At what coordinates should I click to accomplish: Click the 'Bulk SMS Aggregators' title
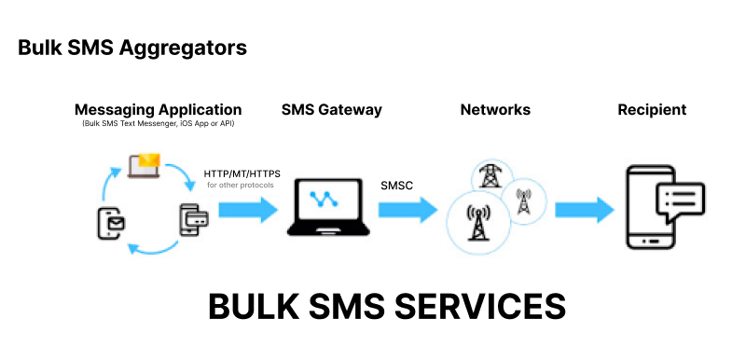pyautogui.click(x=132, y=48)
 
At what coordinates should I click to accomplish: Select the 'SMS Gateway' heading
pyautogui.click(x=331, y=109)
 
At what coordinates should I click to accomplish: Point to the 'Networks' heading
pyautogui.click(x=495, y=109)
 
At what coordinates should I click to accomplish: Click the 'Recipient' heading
pyautogui.click(x=652, y=109)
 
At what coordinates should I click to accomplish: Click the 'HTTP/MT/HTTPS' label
pyautogui.click(x=242, y=173)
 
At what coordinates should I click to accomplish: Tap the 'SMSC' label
pyautogui.click(x=396, y=185)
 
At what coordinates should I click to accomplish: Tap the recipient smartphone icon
pyautogui.click(x=651, y=207)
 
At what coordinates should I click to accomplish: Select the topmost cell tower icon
pyautogui.click(x=490, y=177)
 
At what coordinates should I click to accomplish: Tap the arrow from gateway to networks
pyautogui.click(x=408, y=209)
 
